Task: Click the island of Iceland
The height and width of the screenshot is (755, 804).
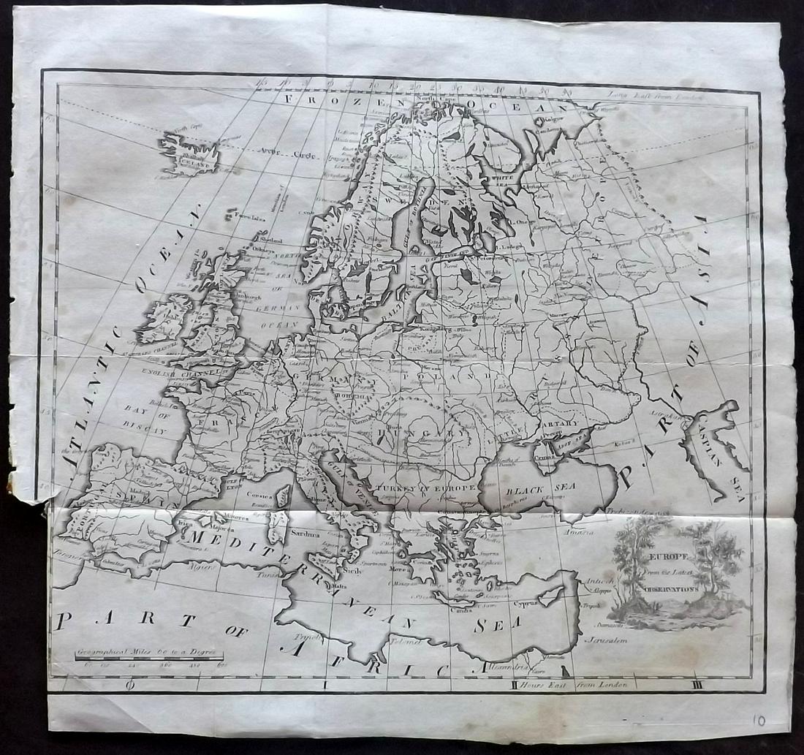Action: [x=186, y=151]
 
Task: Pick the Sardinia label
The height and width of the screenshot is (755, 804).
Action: [x=307, y=534]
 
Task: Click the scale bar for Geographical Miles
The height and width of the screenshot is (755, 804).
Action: [x=149, y=659]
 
